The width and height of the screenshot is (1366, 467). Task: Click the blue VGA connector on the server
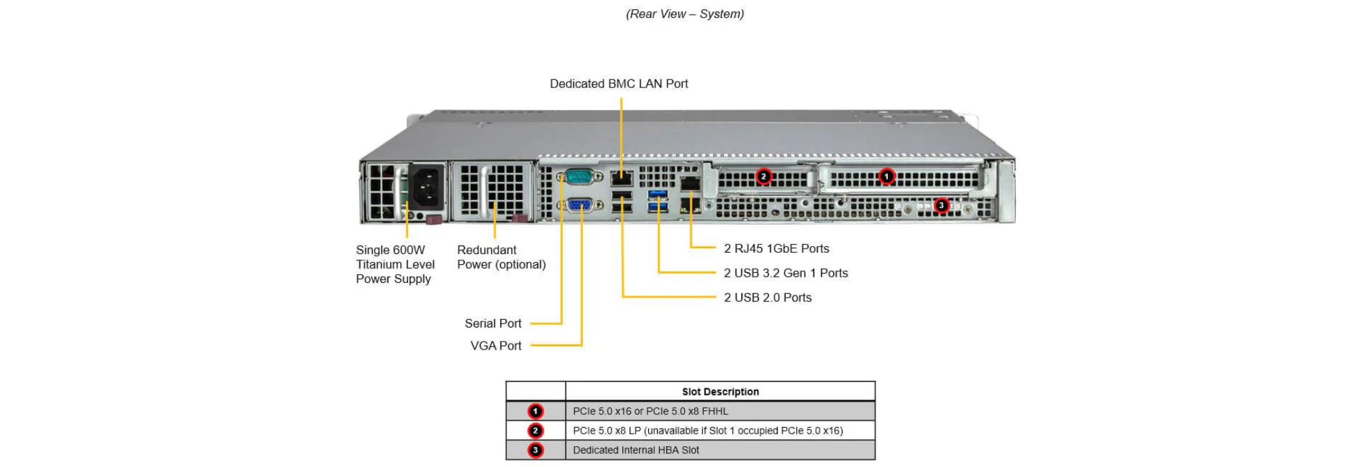point(579,205)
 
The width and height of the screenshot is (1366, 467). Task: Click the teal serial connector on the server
point(578,177)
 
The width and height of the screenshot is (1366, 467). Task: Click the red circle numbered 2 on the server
point(764,177)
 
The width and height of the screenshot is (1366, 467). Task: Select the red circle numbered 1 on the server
point(886,177)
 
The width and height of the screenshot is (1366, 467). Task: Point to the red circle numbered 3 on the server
point(941,205)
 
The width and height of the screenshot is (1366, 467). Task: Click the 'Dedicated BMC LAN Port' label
point(619,84)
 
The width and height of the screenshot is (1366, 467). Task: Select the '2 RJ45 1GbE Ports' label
point(776,249)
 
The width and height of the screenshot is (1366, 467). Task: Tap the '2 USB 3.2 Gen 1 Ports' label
point(786,274)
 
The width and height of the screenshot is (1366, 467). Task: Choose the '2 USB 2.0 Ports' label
point(768,298)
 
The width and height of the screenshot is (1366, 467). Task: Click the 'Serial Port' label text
point(493,324)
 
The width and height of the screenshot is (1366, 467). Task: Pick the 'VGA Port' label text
point(496,346)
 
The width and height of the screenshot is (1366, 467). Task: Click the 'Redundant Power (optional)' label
point(502,258)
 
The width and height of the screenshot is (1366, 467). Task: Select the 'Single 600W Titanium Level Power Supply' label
point(395,265)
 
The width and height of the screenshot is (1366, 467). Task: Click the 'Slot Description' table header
point(720,392)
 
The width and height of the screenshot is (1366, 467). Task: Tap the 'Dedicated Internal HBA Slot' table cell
point(636,450)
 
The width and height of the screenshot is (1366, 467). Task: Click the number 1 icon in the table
point(535,412)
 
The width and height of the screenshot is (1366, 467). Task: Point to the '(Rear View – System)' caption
point(685,14)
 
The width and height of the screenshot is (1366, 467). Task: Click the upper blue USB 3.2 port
point(658,194)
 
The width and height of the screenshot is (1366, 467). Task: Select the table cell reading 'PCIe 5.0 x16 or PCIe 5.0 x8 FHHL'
point(650,412)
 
